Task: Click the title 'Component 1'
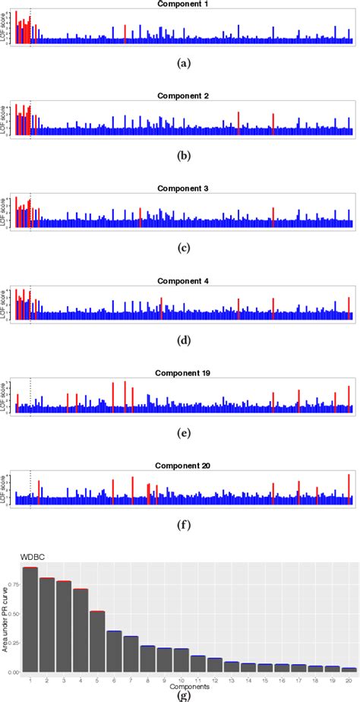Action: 182,5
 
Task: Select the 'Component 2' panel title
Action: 182,96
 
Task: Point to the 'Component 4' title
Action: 182,281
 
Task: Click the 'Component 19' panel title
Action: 182,373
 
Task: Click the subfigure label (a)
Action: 182,65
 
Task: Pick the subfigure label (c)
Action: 182,248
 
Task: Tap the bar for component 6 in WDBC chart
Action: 114,651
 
